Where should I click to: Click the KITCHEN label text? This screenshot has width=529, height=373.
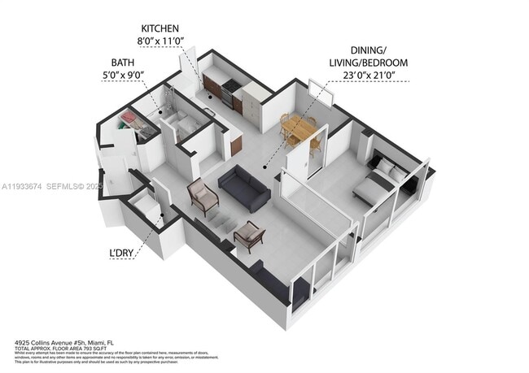[x=166, y=28]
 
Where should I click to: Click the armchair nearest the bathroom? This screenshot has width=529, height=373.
[x=203, y=194]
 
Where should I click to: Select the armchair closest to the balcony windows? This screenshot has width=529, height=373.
[x=250, y=236]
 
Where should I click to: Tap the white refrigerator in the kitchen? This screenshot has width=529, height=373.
[x=255, y=105]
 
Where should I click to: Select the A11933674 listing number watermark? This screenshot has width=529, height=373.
[x=22, y=186]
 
